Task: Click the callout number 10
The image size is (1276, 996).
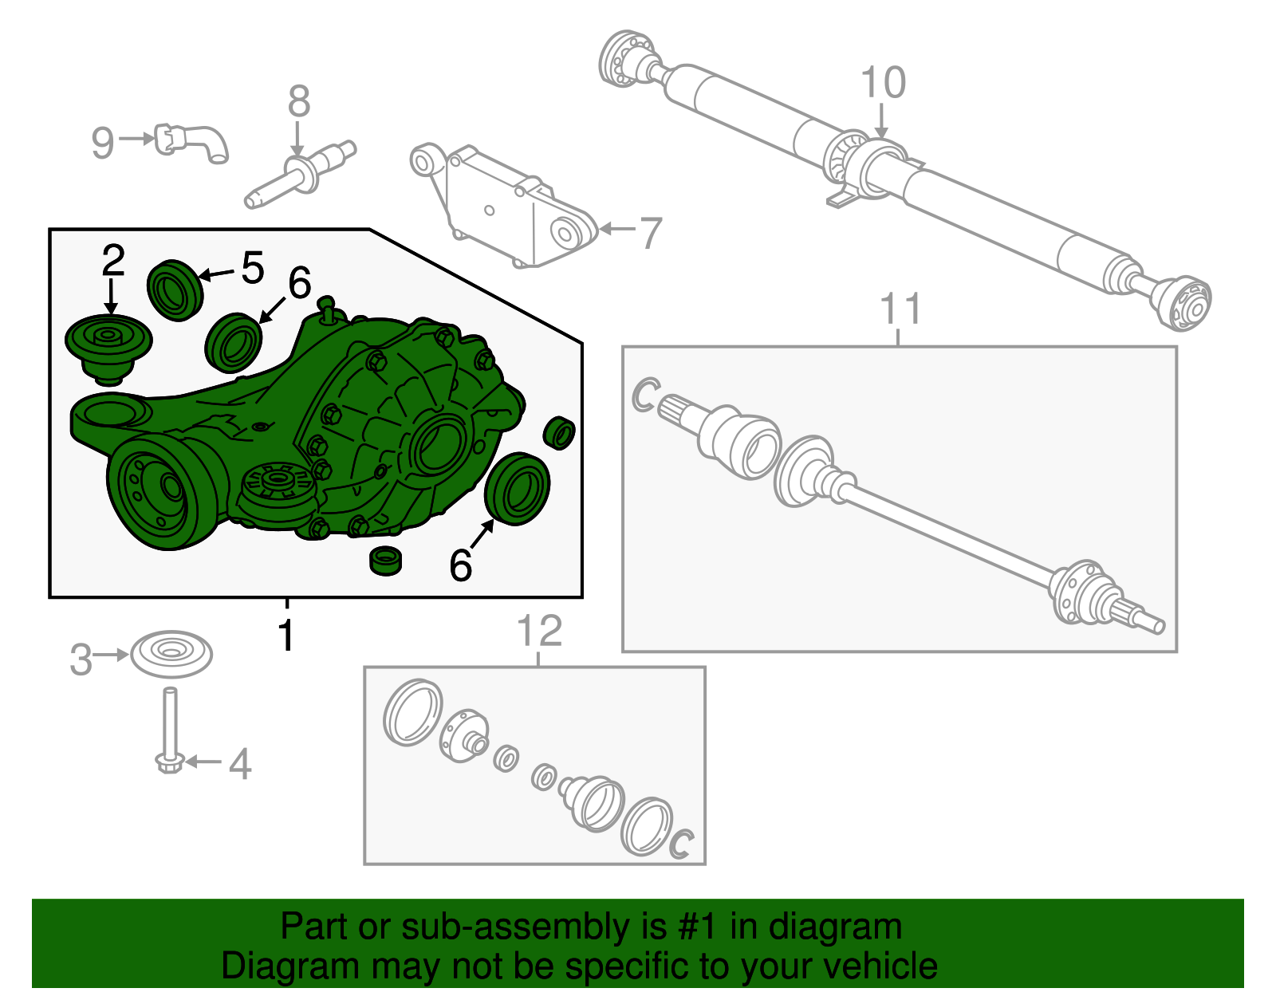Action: (883, 83)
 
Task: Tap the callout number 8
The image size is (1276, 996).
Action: (299, 102)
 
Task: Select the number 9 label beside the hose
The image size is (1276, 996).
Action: (103, 144)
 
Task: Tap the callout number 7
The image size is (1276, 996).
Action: (651, 233)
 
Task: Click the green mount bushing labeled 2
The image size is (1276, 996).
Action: (108, 345)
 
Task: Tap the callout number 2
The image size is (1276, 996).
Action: (113, 261)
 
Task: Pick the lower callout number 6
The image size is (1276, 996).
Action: (460, 565)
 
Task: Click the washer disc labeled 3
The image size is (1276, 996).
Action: (171, 654)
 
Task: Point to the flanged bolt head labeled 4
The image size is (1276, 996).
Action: (169, 762)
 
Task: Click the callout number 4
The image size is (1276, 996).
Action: (240, 764)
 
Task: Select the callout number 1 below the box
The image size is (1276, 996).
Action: (286, 636)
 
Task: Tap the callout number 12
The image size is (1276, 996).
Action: (540, 632)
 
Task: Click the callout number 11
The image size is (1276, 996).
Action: (901, 309)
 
